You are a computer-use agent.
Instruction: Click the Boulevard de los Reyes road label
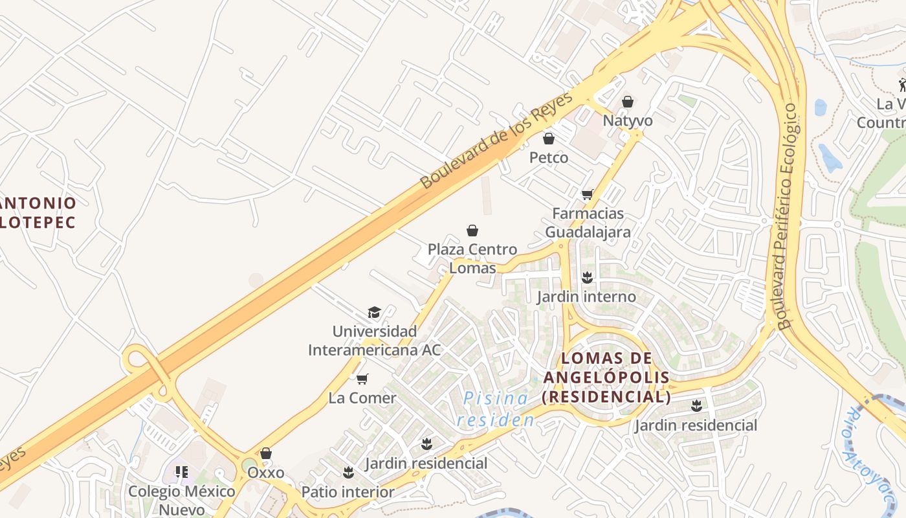pyautogui.click(x=496, y=141)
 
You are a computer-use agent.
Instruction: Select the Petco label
pyautogui.click(x=549, y=157)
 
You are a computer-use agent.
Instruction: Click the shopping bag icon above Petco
pyautogui.click(x=549, y=139)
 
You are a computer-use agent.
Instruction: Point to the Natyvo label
pyautogui.click(x=628, y=121)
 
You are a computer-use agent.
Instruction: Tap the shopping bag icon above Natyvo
pyautogui.click(x=627, y=102)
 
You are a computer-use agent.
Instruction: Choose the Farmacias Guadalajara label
pyautogui.click(x=588, y=222)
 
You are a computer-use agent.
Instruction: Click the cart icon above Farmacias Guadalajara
pyautogui.click(x=588, y=194)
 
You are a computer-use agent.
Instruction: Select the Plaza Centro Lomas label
pyautogui.click(x=472, y=258)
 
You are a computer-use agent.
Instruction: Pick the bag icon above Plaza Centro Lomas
pyautogui.click(x=472, y=231)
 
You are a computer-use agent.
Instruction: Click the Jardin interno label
pyautogui.click(x=586, y=297)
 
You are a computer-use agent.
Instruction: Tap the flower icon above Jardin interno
pyautogui.click(x=587, y=278)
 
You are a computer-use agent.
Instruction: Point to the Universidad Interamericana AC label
pyautogui.click(x=374, y=341)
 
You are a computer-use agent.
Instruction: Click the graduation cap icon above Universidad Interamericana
pyautogui.click(x=374, y=313)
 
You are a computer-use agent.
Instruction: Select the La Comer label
pyautogui.click(x=362, y=398)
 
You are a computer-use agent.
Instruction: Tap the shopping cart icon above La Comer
pyautogui.click(x=362, y=379)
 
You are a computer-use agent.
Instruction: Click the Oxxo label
pyautogui.click(x=265, y=472)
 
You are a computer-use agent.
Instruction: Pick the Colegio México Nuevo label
pyautogui.click(x=182, y=500)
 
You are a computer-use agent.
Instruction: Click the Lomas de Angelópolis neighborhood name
pyautogui.click(x=606, y=377)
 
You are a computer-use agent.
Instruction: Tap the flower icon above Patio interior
pyautogui.click(x=348, y=473)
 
